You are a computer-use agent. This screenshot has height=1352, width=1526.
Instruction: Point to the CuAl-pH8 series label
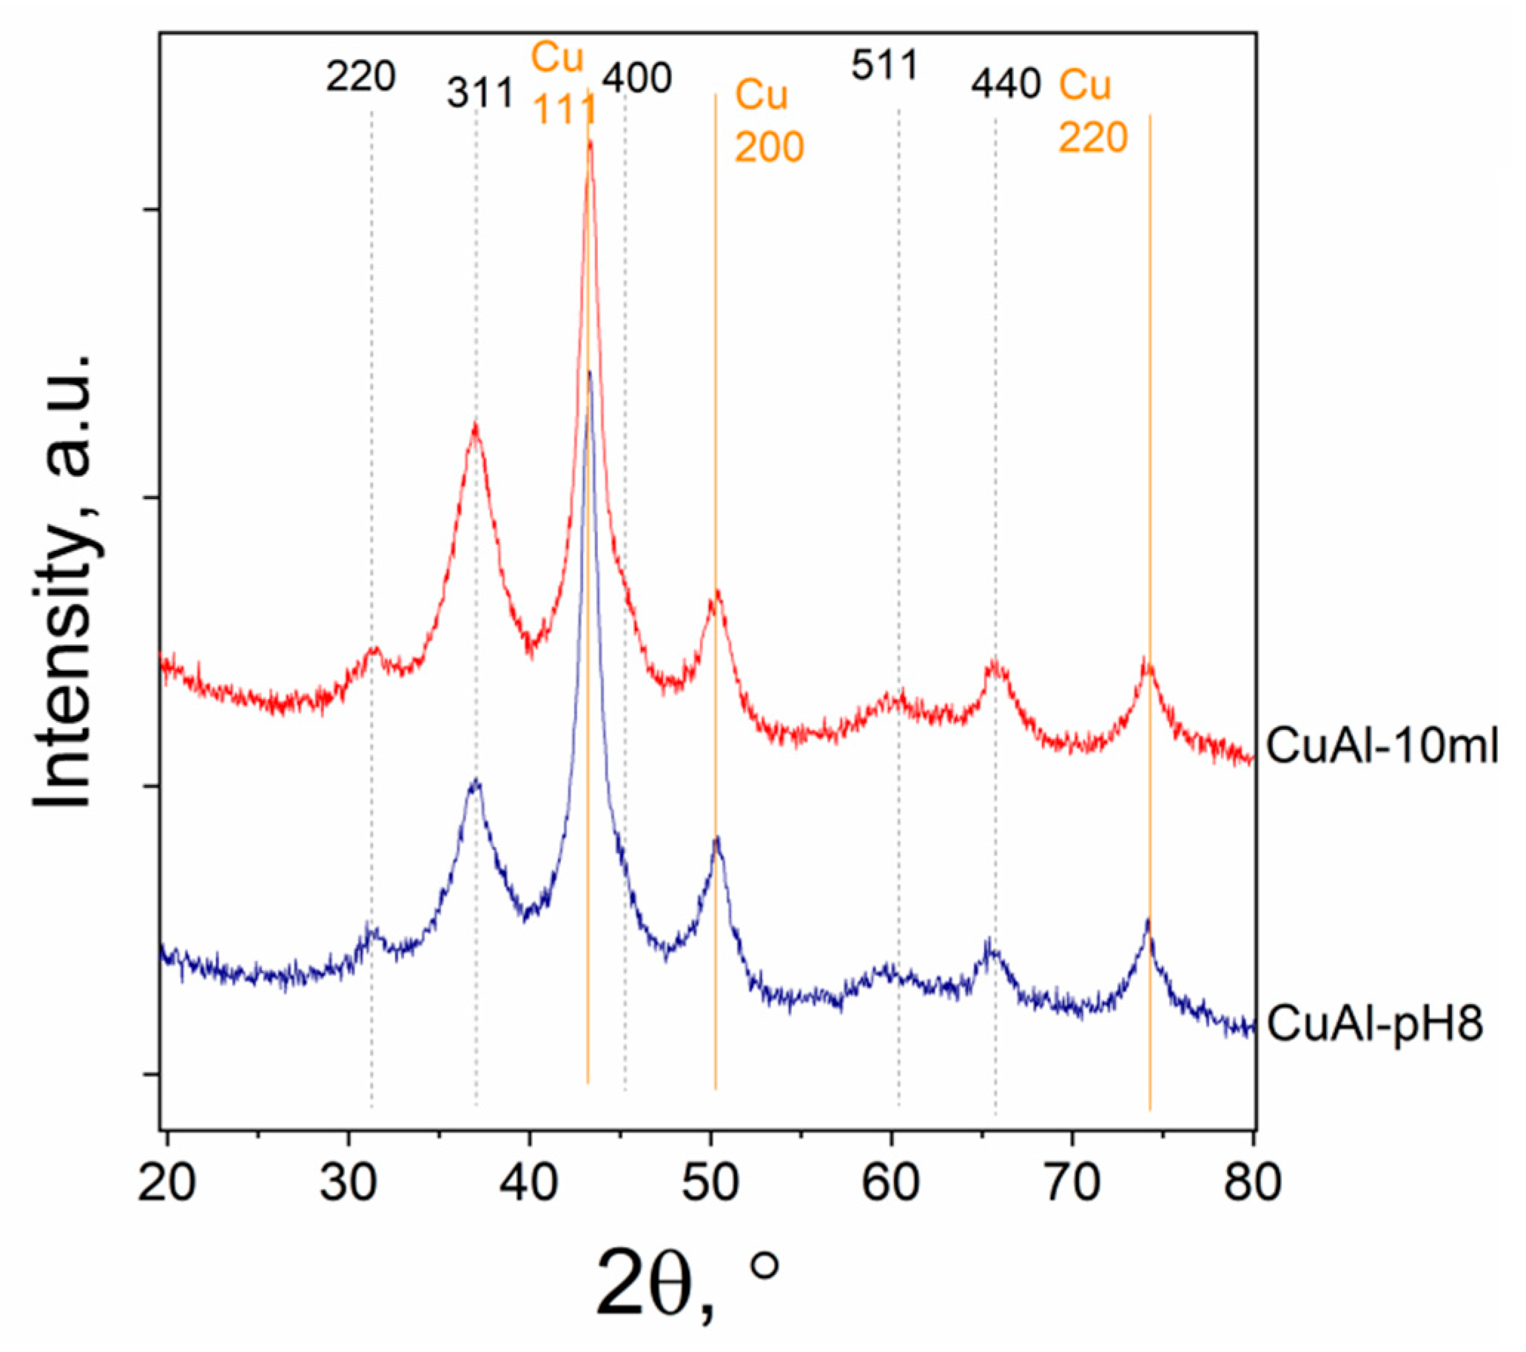tap(1374, 1023)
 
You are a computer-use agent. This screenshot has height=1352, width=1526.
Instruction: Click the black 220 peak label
tap(360, 76)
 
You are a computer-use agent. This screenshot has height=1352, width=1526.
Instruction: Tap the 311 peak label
tap(481, 94)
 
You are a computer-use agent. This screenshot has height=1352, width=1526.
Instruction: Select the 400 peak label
tap(637, 78)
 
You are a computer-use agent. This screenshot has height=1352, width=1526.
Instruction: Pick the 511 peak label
tap(884, 67)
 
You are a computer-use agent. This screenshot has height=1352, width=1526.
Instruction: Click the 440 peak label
tap(1006, 84)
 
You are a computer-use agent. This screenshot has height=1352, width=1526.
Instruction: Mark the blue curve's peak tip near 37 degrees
tap(475, 781)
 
